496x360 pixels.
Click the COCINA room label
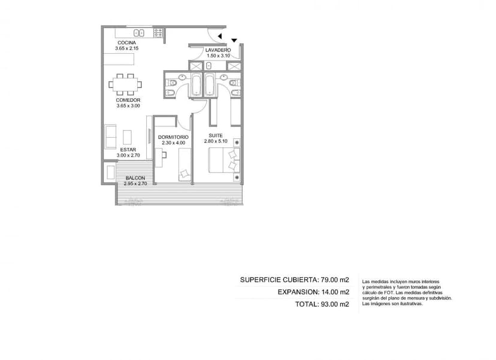(x=127, y=43)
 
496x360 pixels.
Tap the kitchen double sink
(x=139, y=32)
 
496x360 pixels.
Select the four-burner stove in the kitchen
(x=158, y=32)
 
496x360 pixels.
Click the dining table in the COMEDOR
(x=125, y=84)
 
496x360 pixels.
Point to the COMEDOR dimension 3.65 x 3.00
(x=128, y=106)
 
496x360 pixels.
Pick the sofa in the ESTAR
(x=110, y=137)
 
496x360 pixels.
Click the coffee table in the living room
(x=127, y=137)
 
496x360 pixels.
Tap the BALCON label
(x=135, y=178)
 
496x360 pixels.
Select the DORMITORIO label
(x=173, y=137)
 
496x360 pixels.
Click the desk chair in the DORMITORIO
(x=164, y=155)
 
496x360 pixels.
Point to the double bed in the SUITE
(x=224, y=161)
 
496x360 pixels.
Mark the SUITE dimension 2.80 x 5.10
(x=216, y=141)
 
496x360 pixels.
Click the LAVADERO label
(x=218, y=50)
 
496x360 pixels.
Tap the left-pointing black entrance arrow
(x=219, y=37)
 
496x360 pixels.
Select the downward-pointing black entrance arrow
(x=234, y=41)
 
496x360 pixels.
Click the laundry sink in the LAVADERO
(x=209, y=66)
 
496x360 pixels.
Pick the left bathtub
(x=196, y=84)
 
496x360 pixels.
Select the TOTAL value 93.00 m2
(x=335, y=304)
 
